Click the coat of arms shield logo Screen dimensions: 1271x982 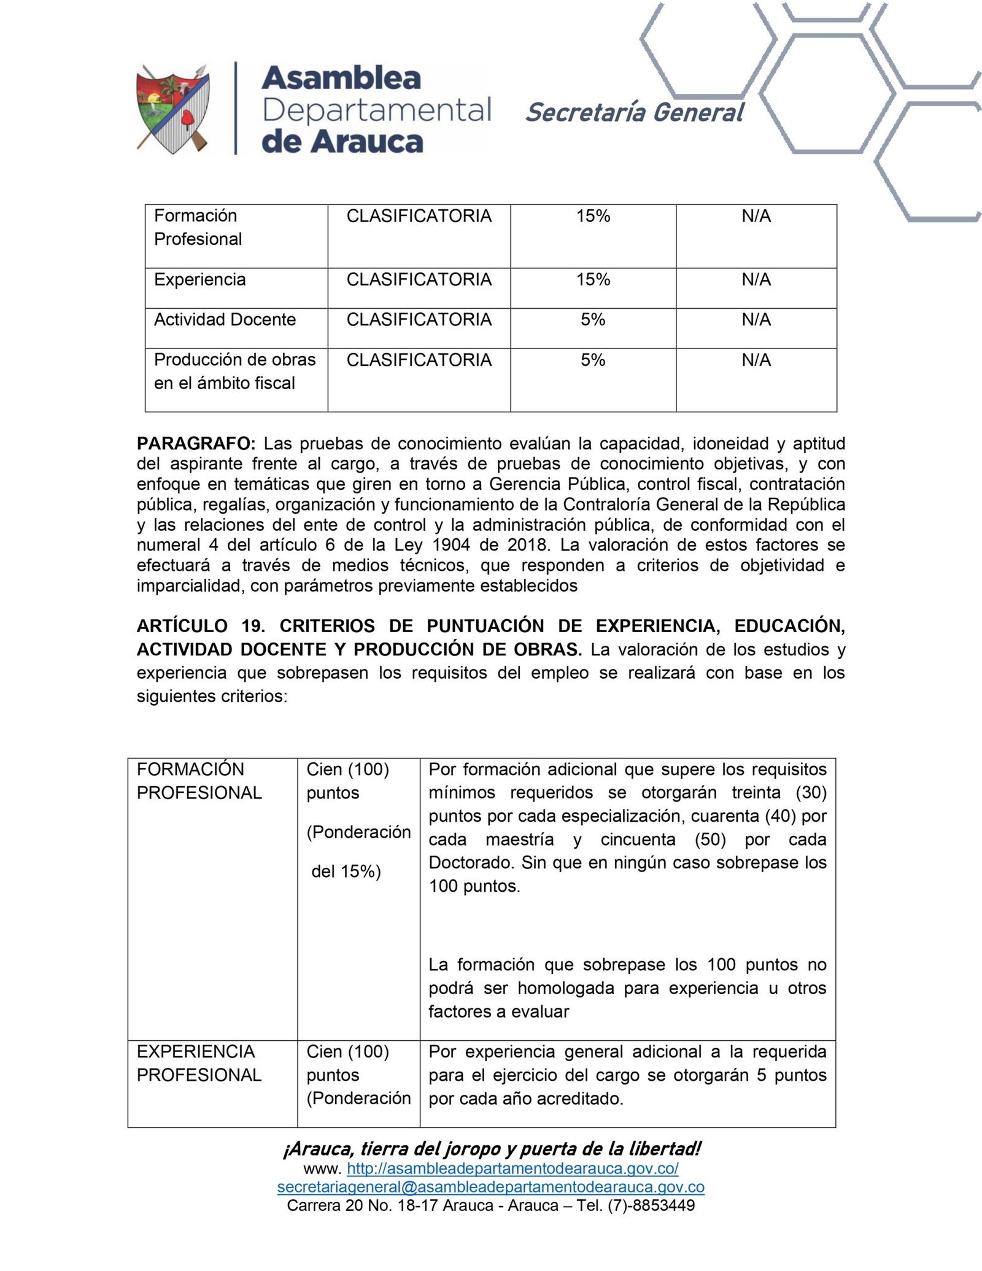173,109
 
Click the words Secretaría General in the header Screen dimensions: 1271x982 635,113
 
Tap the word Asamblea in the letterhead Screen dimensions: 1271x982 341,78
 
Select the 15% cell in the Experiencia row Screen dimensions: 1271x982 593,280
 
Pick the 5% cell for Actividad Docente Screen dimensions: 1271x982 593,320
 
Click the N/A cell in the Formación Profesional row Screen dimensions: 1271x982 756,216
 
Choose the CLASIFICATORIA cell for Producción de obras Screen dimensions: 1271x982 419,360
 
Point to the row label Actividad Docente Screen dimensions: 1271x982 225,320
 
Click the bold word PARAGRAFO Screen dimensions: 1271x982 196,443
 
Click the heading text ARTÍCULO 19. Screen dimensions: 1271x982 201,626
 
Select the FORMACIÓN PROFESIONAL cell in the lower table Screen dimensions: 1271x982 199,781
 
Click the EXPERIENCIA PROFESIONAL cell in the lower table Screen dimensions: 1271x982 199,1064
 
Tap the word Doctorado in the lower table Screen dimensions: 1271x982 470,863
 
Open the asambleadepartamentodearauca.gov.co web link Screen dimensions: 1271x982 512,1169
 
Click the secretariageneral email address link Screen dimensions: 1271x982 490,1187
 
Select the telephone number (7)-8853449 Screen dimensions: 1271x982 651,1205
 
